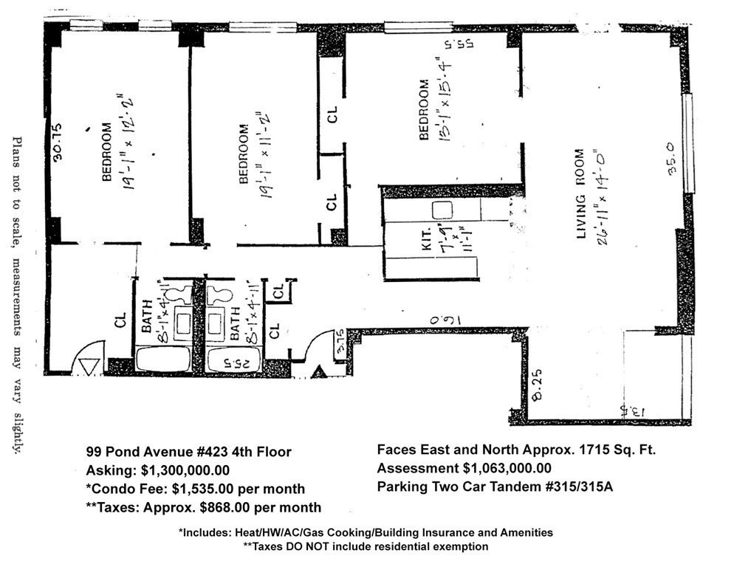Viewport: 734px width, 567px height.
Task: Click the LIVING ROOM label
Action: [x=580, y=194]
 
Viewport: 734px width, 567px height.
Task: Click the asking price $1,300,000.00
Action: [x=183, y=470]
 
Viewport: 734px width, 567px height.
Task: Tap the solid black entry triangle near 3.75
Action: [x=319, y=373]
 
